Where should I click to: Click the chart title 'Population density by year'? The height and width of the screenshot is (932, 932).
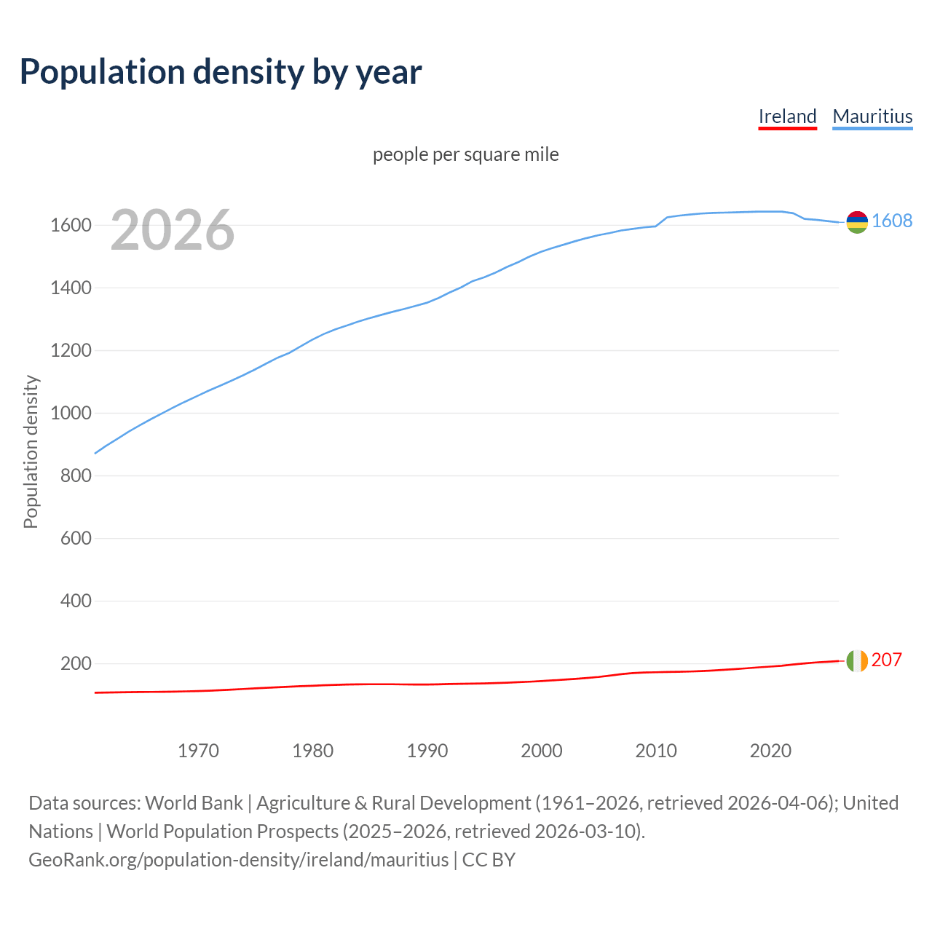coord(221,71)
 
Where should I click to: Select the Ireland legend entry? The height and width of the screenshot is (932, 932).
coord(787,116)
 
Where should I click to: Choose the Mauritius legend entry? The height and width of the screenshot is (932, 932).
coord(872,116)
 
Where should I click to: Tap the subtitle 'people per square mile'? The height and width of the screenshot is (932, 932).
coord(466,154)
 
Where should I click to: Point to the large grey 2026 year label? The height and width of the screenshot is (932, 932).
coord(173,230)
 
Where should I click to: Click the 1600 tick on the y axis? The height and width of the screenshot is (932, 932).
coord(71,226)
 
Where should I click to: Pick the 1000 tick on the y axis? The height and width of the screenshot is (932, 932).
coord(71,414)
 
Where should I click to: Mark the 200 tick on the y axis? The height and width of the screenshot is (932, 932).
coord(76,664)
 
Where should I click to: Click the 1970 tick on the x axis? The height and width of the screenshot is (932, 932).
coord(199,751)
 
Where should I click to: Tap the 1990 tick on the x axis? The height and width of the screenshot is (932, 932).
coord(427,751)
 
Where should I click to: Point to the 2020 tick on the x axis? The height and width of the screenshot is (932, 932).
coord(770,751)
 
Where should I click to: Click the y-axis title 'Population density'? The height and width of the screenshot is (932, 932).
coord(31,451)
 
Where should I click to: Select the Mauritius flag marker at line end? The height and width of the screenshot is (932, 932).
coord(857,222)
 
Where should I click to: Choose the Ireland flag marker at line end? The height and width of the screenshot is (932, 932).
coord(857,660)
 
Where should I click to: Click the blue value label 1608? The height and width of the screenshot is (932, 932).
coord(892,221)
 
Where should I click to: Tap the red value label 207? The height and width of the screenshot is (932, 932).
coord(887,660)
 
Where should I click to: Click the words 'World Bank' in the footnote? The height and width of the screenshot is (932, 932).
coord(194,803)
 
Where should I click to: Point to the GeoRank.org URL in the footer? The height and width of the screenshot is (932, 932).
coord(239,860)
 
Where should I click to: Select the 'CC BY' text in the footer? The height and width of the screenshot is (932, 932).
coord(489,860)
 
